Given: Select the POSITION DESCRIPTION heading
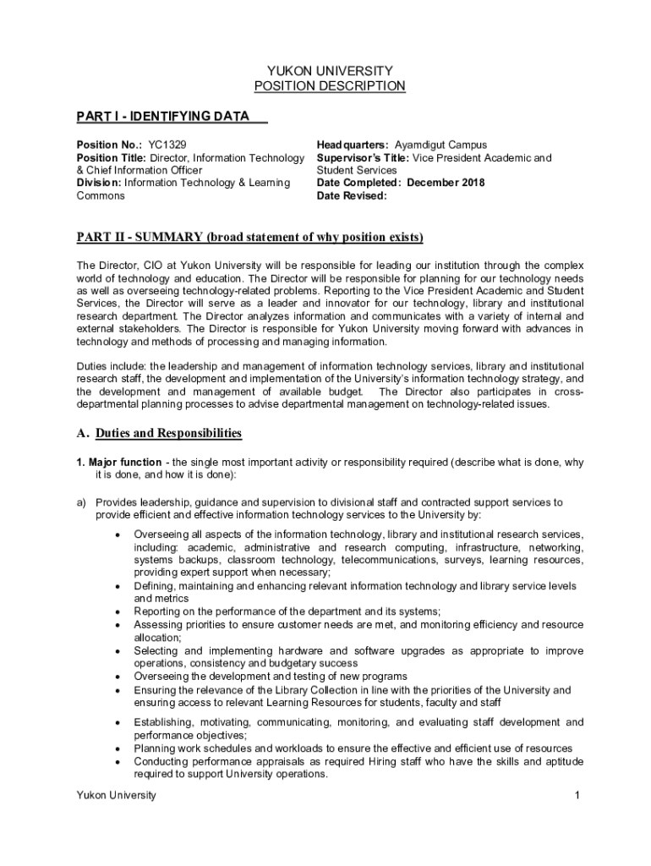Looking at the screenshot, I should click(330, 86).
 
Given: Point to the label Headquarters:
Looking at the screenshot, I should click(353, 145).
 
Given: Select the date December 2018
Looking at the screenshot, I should click(446, 183).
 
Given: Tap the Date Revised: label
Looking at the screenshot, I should click(352, 195).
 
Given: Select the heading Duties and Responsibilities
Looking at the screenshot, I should click(168, 434).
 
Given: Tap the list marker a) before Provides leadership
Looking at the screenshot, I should click(82, 502).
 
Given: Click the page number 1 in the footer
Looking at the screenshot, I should click(576, 796).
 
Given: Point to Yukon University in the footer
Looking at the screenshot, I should click(116, 796).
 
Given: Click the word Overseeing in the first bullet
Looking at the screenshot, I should click(161, 534).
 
